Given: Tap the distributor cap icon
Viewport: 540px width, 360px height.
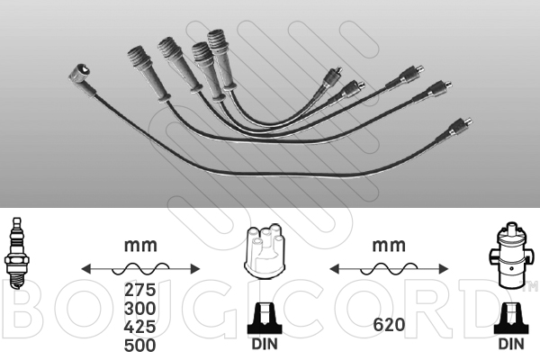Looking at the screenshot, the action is [265, 251].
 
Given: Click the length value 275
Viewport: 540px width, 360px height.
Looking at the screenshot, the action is [140, 290].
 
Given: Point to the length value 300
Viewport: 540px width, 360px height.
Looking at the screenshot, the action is [140, 309].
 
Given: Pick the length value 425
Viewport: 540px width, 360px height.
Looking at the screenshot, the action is [140, 327].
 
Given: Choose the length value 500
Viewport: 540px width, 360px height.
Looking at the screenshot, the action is [140, 346].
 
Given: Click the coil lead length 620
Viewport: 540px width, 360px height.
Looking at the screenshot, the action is [389, 325].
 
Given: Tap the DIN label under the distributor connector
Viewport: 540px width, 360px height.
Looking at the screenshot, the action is [265, 344].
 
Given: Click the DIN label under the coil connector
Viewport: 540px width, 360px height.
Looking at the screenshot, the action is [511, 344].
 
